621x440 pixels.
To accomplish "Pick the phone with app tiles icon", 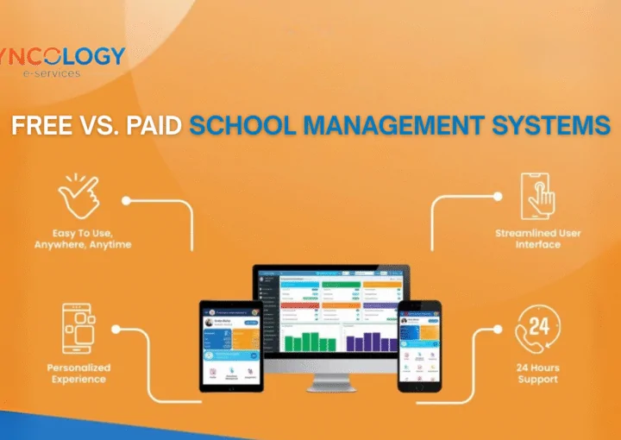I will tap(78, 330).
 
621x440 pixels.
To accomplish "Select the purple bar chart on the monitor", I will tap(372, 340).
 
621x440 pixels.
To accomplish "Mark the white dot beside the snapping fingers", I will tap(126, 199).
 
